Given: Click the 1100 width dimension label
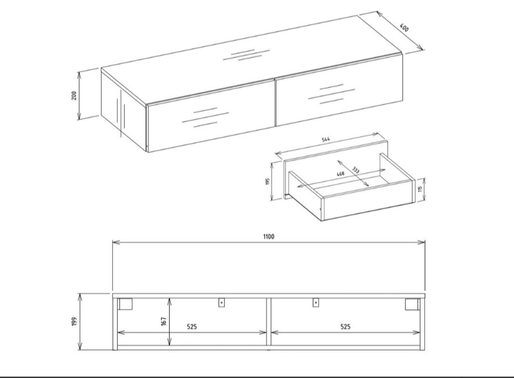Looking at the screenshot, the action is (x=268, y=237).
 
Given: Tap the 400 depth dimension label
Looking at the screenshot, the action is (x=404, y=28).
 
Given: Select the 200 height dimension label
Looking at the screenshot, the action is (x=74, y=96).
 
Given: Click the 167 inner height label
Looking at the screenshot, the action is (x=164, y=321).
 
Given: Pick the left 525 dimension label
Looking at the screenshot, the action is (x=192, y=327).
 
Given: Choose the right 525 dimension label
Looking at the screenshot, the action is (x=345, y=327).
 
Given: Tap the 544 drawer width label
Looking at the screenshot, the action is (x=326, y=139).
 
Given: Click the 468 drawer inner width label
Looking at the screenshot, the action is (x=341, y=174).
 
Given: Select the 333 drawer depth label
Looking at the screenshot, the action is (x=356, y=170).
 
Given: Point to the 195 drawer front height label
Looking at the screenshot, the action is (x=267, y=181).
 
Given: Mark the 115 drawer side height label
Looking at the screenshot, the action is (x=420, y=189).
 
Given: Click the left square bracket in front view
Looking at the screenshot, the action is (x=125, y=304).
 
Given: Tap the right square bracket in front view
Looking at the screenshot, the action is (x=412, y=304).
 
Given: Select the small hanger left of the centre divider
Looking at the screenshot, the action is (x=221, y=302).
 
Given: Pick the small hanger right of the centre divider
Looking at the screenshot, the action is (x=316, y=302).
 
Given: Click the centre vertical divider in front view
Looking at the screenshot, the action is (x=269, y=322).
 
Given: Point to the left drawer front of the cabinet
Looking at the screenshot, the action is (x=211, y=117).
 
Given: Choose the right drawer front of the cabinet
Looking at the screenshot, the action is (x=339, y=90).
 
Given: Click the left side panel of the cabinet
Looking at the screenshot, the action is (x=124, y=111).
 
